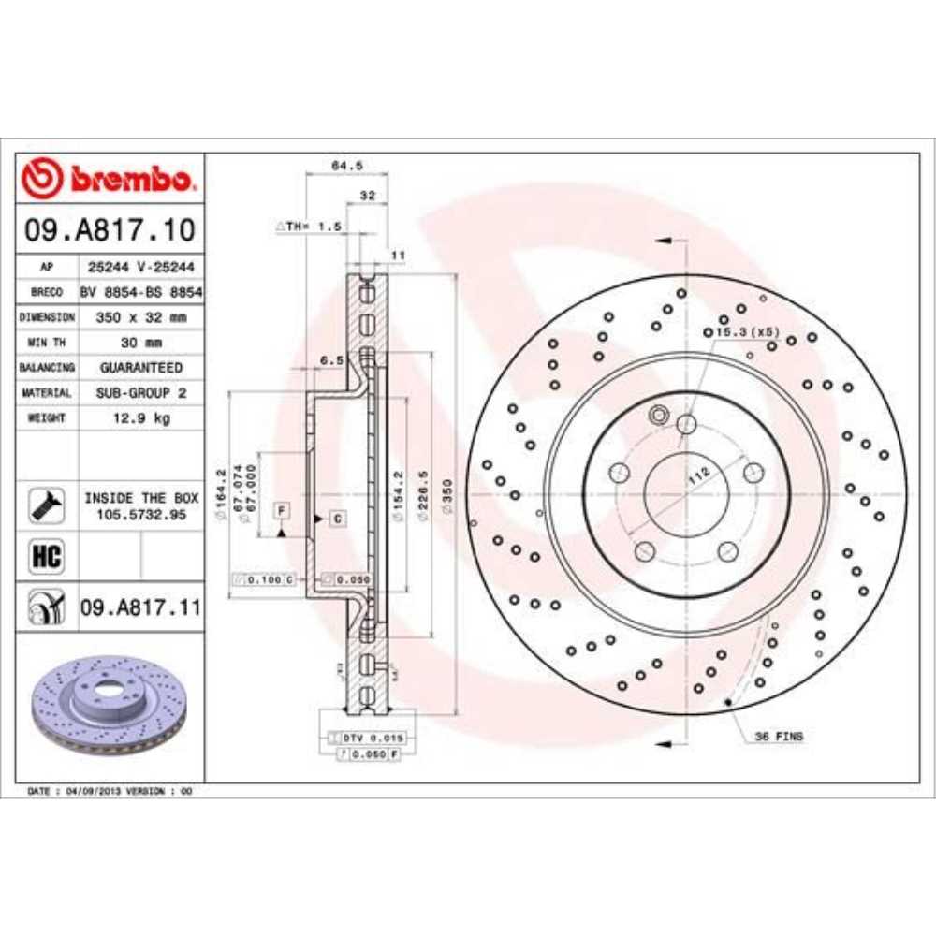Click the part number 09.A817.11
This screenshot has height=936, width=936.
(140, 608)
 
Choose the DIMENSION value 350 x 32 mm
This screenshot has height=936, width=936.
(140, 317)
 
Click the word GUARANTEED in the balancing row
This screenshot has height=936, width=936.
(140, 368)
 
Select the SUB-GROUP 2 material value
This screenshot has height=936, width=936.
(140, 393)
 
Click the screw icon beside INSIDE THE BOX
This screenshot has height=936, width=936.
(46, 505)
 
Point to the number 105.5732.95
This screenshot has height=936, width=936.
(140, 515)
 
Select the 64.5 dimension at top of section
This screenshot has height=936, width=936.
(346, 166)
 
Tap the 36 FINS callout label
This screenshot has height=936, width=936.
(778, 737)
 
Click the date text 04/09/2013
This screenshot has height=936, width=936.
(93, 791)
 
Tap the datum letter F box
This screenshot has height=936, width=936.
(280, 509)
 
